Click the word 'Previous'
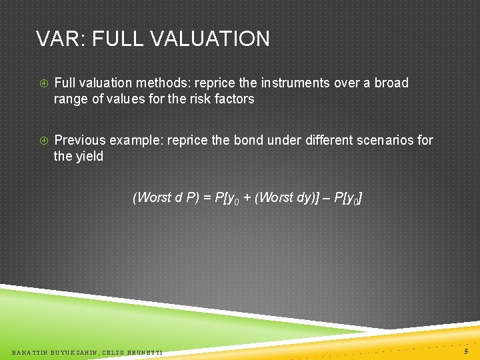pos(79,141)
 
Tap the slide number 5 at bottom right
pos(466,350)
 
